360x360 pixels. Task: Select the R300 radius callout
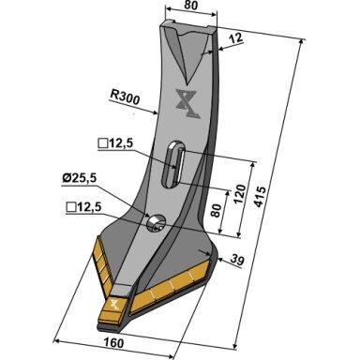tap(125, 97)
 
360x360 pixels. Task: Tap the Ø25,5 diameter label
tap(79, 179)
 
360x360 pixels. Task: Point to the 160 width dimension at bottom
tap(114, 343)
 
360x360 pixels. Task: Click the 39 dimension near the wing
tap(236, 261)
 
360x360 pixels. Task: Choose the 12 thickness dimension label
tap(235, 38)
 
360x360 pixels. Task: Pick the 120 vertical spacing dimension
tap(240, 194)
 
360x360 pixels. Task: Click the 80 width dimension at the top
tap(190, 6)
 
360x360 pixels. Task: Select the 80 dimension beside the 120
tap(217, 211)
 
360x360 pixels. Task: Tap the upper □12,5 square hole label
tap(115, 144)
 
